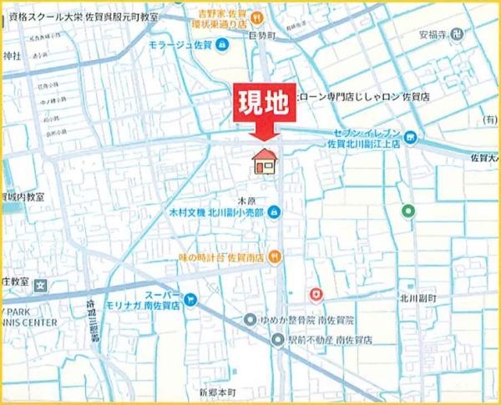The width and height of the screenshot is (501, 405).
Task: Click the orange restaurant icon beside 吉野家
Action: point(259,16)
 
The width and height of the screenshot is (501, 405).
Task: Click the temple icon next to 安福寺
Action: point(468,35)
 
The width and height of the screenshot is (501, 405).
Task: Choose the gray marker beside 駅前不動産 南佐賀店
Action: point(277,339)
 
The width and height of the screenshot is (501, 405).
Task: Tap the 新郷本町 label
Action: point(218,391)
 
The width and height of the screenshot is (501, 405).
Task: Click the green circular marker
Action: point(408,210)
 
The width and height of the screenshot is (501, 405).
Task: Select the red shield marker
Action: point(316,295)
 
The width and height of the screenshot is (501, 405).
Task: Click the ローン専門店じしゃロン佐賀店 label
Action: point(365,96)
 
